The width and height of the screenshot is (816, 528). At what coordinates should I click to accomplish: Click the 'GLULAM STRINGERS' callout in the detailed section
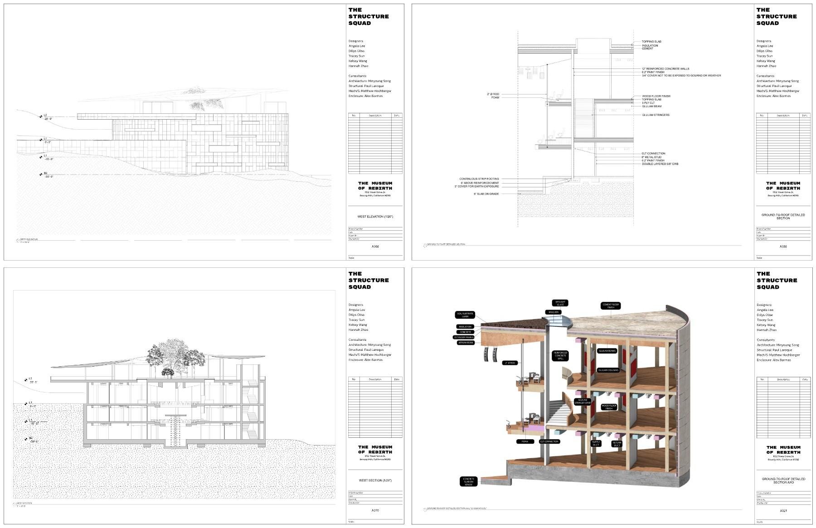coord(656,115)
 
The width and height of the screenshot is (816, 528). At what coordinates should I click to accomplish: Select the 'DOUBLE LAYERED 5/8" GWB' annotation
coord(660,164)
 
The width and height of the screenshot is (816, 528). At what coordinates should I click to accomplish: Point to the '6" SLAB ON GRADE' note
coord(486,194)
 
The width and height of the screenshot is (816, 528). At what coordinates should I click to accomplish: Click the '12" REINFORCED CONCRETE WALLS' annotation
coord(665,69)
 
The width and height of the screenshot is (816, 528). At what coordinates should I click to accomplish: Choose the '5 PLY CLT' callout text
coord(648,103)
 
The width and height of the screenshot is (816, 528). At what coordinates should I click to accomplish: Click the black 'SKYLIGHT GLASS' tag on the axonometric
coord(560,303)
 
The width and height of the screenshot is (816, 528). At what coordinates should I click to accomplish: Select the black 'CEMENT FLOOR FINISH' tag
coord(611,306)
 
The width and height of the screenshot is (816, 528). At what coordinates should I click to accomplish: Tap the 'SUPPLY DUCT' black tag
coord(596,443)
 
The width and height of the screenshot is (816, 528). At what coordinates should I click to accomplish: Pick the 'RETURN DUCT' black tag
coord(617,444)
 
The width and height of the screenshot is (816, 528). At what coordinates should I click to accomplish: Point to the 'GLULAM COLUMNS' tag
coord(608,370)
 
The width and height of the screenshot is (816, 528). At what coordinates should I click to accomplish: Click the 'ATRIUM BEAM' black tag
coord(466,343)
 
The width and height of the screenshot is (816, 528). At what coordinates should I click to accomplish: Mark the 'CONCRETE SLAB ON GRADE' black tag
coord(468,481)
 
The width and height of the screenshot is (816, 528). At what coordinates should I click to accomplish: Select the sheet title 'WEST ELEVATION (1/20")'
coord(375,217)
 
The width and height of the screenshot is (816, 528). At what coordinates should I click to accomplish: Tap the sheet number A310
coord(375,510)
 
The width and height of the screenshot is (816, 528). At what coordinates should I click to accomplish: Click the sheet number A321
coord(783,511)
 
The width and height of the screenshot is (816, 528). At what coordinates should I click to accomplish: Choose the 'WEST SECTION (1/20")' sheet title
coord(375,480)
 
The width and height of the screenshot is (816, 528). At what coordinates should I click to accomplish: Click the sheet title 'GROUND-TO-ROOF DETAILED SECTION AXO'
coord(783,480)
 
